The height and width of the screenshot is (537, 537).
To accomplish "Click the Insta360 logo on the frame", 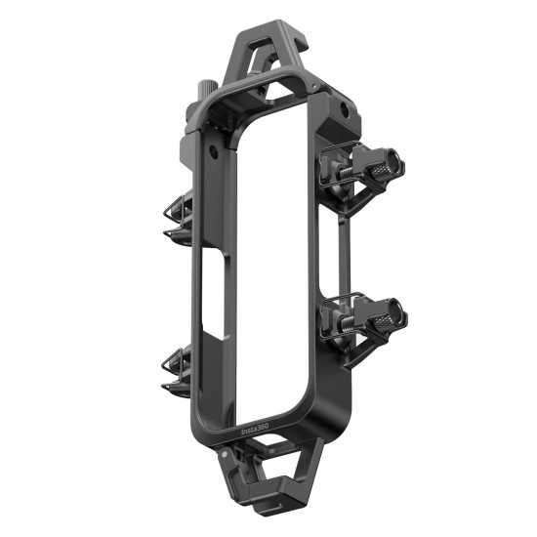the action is click(255, 429).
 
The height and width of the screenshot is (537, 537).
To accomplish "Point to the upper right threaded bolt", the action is click(347, 170).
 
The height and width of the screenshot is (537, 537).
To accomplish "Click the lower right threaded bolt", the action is click(347, 321).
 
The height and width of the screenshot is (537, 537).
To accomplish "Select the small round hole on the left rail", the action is click(214, 151).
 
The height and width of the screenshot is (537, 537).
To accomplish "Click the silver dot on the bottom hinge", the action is click(225, 455).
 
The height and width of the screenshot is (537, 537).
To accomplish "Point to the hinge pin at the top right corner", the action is click(314, 87).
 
